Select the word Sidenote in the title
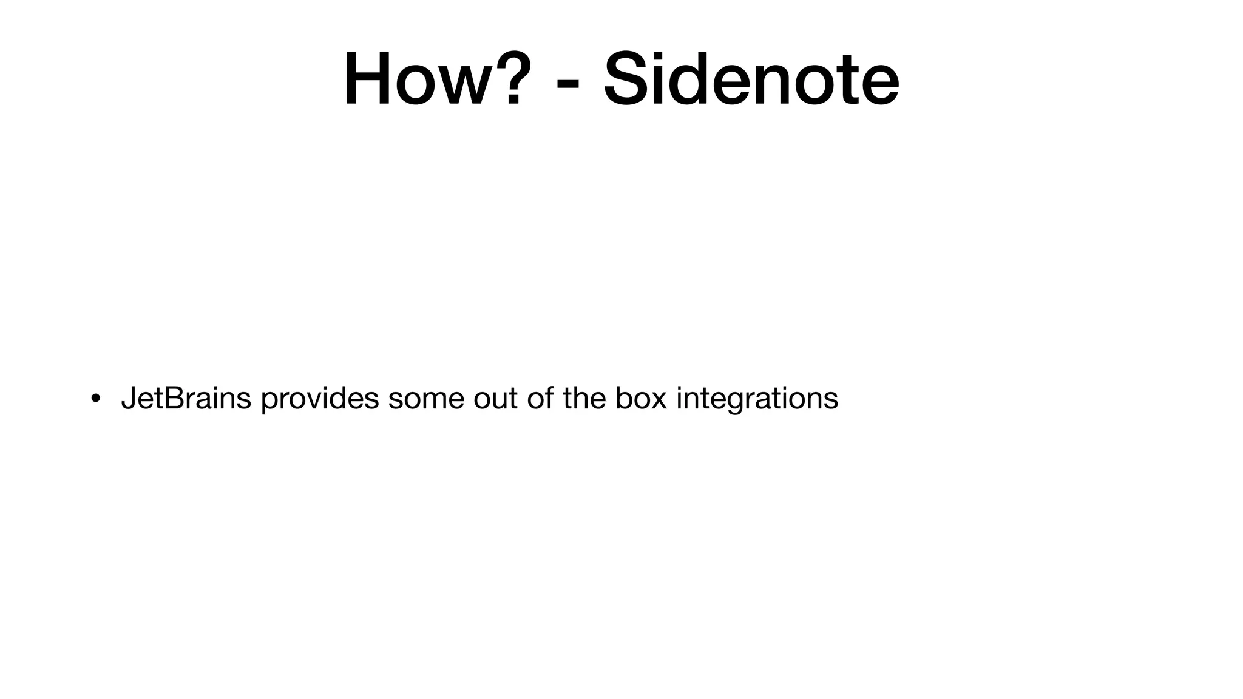point(751,79)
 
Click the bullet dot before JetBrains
point(95,399)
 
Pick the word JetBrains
point(186,399)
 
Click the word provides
point(320,400)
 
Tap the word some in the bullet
point(426,399)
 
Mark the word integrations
point(757,400)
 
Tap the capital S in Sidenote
point(627,79)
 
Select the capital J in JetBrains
point(128,399)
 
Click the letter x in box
point(659,400)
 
